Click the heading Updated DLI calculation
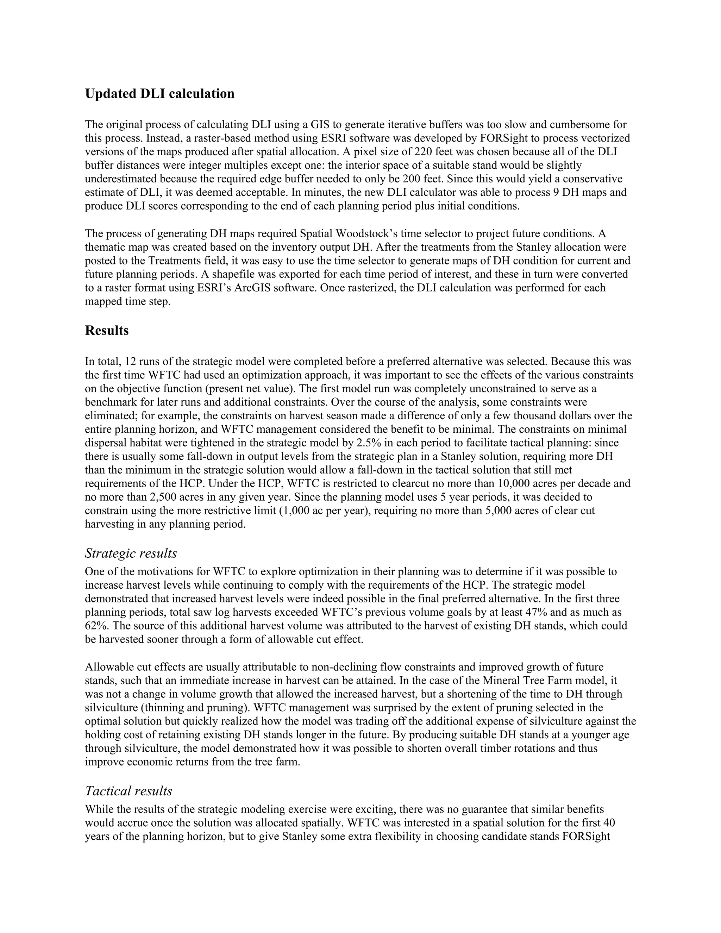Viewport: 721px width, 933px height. (159, 94)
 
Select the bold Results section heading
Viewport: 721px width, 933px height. (107, 330)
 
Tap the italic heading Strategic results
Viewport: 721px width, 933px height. (131, 553)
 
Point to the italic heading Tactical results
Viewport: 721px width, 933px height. (128, 791)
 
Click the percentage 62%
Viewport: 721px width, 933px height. (95, 626)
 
